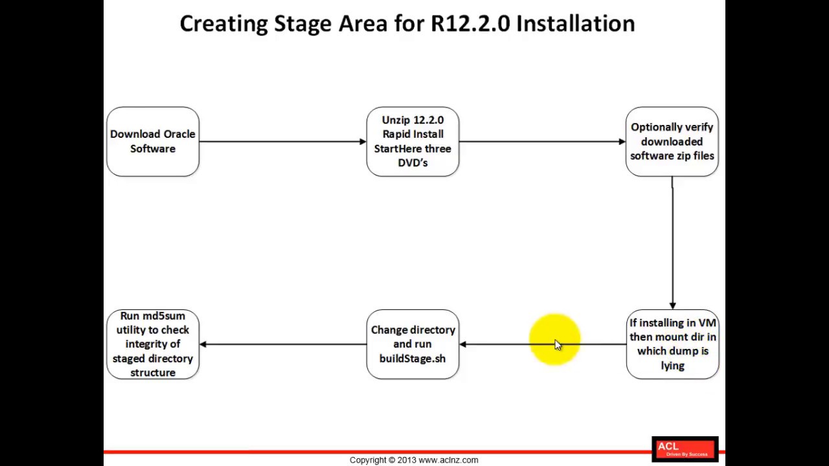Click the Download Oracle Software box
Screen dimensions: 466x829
pos(153,142)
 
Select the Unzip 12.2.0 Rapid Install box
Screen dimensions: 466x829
pos(413,142)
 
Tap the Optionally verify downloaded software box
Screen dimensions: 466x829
pos(672,142)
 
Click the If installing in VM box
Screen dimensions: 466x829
pos(672,344)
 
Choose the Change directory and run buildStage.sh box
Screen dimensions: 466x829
pos(413,344)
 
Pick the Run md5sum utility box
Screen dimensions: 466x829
pos(153,344)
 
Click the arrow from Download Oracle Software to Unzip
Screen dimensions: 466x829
pos(282,142)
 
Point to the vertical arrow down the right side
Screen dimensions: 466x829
pos(672,243)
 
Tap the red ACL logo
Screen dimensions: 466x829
pos(685,449)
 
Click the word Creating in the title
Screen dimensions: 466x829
pos(223,24)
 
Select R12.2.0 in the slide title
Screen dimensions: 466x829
pos(470,24)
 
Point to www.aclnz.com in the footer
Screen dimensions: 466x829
pos(448,460)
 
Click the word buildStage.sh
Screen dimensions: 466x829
pos(413,359)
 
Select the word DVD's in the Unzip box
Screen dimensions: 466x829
pos(413,163)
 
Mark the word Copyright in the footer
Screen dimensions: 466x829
pos(368,460)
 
